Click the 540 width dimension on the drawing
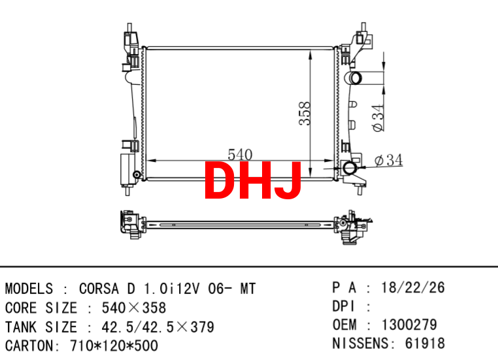pos(240,155)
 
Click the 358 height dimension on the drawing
pos(305,113)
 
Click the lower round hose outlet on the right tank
pos(350,168)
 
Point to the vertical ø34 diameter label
pos(378,118)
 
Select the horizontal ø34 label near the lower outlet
pos(388,160)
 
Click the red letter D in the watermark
pos(221,180)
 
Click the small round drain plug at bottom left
pos(137,174)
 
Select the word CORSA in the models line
pos(99,289)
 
